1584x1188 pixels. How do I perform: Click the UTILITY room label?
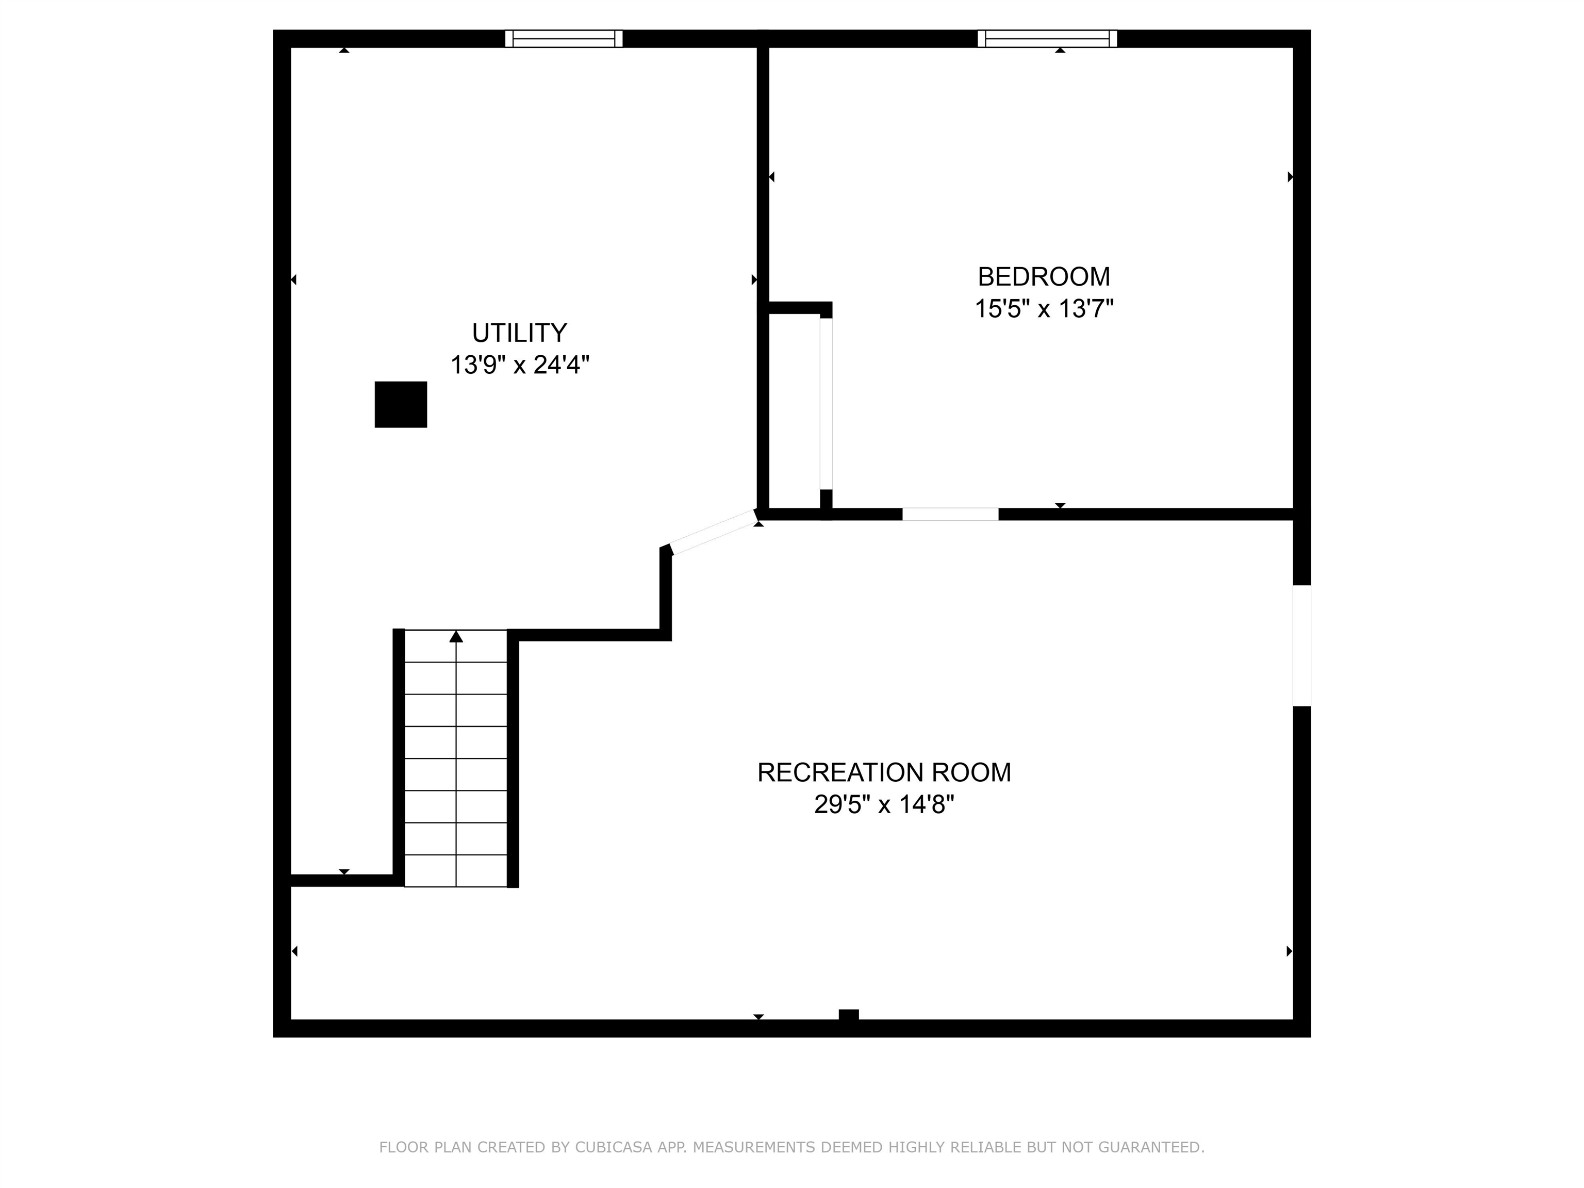519,333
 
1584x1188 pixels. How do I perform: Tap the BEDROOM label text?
1044,276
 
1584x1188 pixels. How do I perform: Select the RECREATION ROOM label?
884,773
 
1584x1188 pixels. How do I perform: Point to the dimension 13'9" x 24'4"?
519,365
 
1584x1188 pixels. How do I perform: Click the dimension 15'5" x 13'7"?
1044,309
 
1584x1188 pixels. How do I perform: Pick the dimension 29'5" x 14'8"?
884,805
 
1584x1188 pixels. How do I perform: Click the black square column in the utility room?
401,405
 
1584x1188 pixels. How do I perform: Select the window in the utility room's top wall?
564,39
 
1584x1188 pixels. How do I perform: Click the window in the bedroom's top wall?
1047,39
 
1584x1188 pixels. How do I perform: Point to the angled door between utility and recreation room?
713,531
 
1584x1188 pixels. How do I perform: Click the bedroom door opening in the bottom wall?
950,514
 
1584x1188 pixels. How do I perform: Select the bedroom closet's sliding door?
827,404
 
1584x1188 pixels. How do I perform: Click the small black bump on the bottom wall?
849,1014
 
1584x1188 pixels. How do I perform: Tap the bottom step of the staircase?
456,871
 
